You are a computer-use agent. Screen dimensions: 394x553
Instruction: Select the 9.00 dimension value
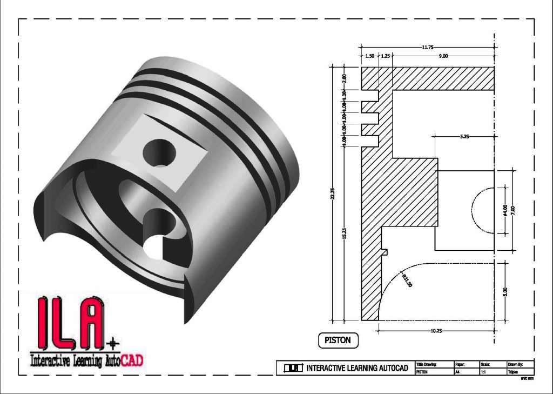click(x=443, y=56)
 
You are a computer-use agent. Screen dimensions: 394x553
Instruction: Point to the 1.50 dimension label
click(x=370, y=56)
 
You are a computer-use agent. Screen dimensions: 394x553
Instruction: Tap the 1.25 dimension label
click(x=386, y=56)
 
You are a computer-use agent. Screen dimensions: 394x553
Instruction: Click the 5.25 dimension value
click(x=464, y=137)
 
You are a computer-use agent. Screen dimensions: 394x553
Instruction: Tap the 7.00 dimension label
click(x=514, y=210)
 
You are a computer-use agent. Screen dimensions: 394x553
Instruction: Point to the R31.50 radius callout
click(x=407, y=280)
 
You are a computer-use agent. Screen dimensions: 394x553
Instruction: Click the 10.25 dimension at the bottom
click(x=436, y=330)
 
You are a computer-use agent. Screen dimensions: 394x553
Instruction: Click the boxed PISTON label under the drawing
click(x=338, y=340)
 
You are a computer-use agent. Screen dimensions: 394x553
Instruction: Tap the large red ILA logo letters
click(x=70, y=323)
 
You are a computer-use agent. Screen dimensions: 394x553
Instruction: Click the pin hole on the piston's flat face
click(x=160, y=152)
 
